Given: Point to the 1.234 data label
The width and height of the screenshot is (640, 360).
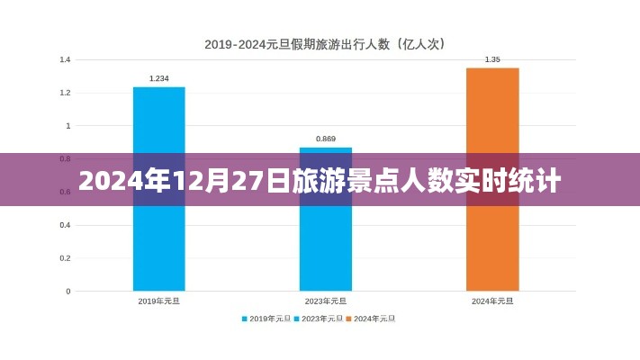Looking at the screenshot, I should (x=158, y=78).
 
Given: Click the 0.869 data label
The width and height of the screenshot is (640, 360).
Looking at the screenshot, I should (x=325, y=139).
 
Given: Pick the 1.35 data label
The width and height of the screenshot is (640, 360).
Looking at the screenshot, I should (x=491, y=59).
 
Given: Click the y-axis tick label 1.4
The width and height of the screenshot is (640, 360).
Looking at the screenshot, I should (x=65, y=59).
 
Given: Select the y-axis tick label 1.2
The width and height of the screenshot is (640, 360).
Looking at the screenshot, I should (x=65, y=93).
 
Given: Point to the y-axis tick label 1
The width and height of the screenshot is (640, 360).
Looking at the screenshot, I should (x=68, y=126).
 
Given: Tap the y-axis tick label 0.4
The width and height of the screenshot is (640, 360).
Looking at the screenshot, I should (x=65, y=225).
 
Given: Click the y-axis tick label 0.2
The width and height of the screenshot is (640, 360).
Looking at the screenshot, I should (x=65, y=258).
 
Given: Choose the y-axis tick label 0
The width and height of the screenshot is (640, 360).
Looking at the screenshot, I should (x=68, y=292).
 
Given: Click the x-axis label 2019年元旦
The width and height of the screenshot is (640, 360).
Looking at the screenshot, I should (x=158, y=301).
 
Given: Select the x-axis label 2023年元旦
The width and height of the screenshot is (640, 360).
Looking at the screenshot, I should (x=325, y=301).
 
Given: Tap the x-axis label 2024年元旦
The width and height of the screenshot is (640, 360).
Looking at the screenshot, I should (x=491, y=301).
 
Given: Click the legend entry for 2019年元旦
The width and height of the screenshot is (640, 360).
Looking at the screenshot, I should (x=266, y=318).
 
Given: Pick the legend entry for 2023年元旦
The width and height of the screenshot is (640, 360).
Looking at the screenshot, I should (x=320, y=318).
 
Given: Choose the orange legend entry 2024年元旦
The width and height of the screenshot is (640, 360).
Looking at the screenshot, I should (x=374, y=318).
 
